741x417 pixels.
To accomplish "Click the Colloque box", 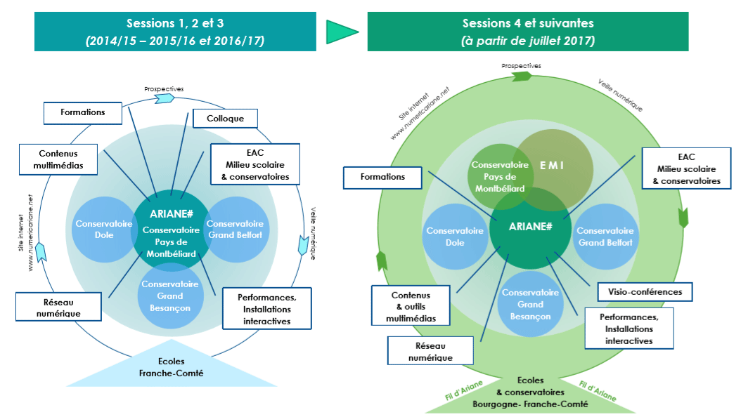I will click(225, 119).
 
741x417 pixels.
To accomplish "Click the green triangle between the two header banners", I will click(342, 32).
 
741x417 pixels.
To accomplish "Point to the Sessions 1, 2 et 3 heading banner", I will click(175, 32).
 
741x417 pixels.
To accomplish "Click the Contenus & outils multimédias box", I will click(411, 307).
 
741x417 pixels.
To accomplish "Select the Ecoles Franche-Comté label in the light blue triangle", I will click(171, 368).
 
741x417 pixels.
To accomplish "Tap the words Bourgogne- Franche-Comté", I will click(531, 405).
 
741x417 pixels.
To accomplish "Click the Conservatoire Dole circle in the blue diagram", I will click(94, 229).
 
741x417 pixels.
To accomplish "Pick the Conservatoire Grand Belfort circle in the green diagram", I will click(605, 237).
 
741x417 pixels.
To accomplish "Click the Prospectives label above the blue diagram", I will click(164, 89).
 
